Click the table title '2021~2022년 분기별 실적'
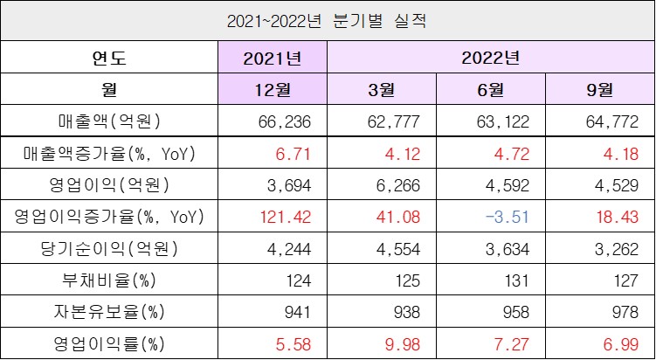pyautogui.click(x=327, y=19)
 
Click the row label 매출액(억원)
pyautogui.click(x=109, y=120)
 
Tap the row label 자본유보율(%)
pyautogui.click(x=109, y=310)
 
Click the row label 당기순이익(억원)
pyautogui.click(x=109, y=247)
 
